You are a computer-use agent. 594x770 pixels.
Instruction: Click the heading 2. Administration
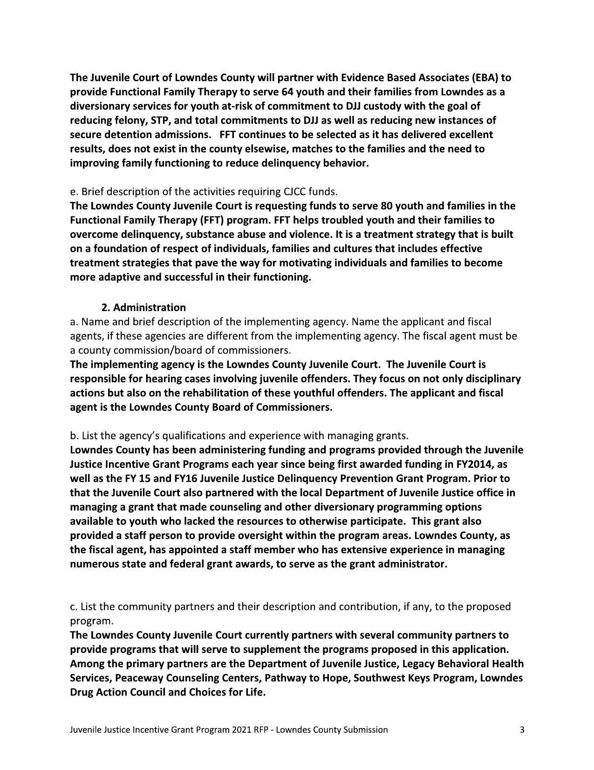[x=143, y=308]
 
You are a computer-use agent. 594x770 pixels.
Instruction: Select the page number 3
[x=522, y=730]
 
